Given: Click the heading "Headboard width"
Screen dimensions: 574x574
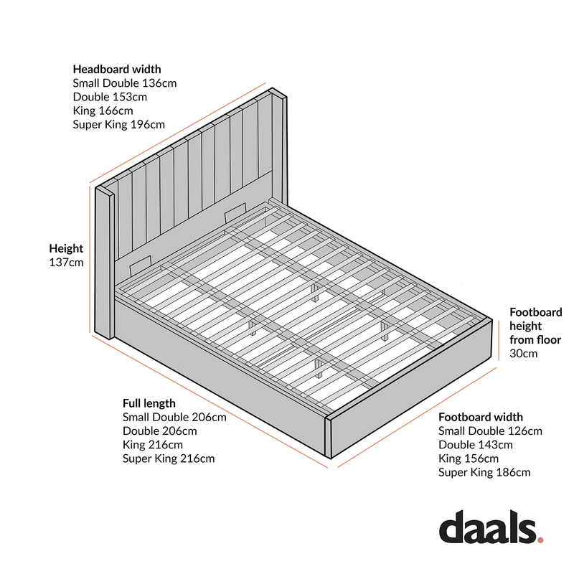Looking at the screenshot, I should click(x=117, y=70).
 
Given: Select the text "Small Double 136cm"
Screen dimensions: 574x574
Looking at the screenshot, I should click(x=124, y=83).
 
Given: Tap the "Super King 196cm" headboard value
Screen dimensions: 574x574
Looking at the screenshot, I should click(x=118, y=124).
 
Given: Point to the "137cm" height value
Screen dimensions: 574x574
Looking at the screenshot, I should click(x=66, y=263).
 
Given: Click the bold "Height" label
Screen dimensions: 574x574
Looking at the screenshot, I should click(x=66, y=248).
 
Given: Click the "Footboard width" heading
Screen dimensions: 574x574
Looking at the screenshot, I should click(x=481, y=417).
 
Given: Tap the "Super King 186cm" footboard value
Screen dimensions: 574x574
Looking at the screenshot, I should click(x=484, y=472).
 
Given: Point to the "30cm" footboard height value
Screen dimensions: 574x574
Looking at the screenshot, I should click(x=524, y=353).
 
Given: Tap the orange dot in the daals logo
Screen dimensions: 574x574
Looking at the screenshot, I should click(x=540, y=537).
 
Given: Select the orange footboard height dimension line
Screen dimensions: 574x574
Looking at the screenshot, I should click(x=500, y=341).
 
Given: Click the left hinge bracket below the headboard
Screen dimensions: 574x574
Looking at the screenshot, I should click(x=141, y=263).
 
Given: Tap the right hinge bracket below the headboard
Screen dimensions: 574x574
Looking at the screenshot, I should click(x=234, y=212).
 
